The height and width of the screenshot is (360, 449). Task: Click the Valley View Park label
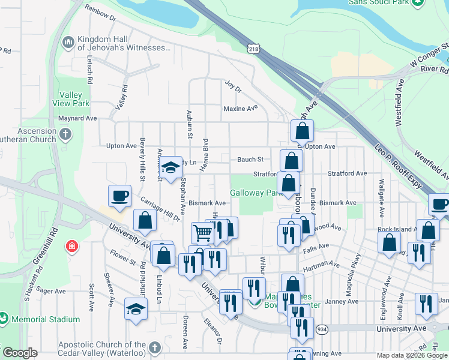tap(74, 98)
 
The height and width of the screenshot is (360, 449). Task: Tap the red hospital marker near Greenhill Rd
tap(72, 247)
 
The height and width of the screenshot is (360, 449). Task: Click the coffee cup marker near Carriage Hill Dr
tap(119, 195)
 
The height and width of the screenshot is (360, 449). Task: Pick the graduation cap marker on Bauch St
tap(171, 167)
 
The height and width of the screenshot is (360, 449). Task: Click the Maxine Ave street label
tap(240, 109)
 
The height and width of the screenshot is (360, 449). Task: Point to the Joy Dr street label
tap(232, 88)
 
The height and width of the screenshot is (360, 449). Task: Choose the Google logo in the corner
tap(20, 353)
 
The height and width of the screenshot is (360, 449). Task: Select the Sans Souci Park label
tap(378, 2)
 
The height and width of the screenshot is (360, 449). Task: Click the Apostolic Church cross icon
tap(155, 348)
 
